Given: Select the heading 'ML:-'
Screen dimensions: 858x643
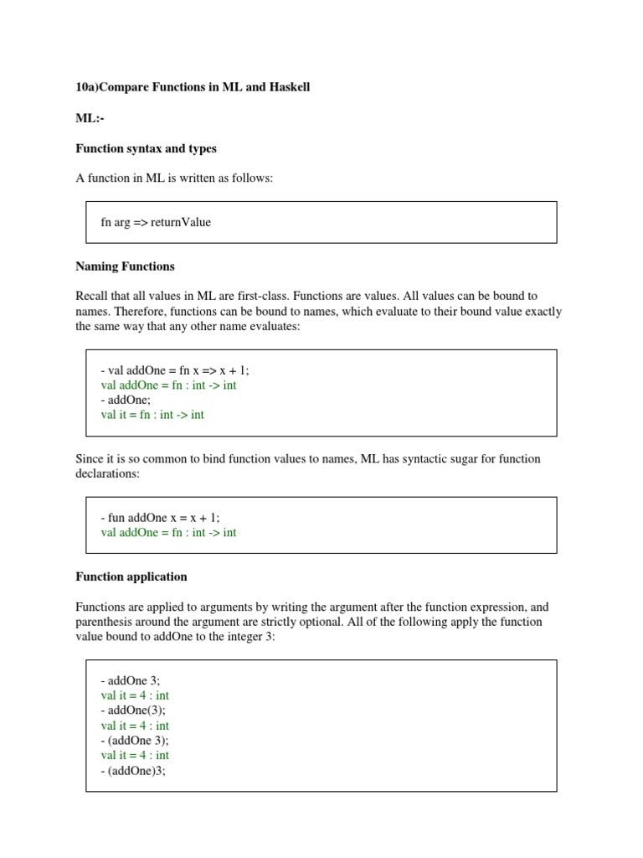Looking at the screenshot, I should pyautogui.click(x=90, y=118).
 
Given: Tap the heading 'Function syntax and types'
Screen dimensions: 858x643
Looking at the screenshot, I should pyautogui.click(x=146, y=148).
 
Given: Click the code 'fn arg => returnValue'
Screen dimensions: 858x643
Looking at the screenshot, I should pyautogui.click(x=156, y=222).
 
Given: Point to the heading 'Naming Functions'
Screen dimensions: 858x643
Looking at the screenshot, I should pyautogui.click(x=125, y=266).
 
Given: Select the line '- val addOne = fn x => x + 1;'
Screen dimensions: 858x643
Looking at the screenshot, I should pyautogui.click(x=175, y=370).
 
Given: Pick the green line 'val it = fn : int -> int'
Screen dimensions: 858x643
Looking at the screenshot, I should pyautogui.click(x=152, y=415).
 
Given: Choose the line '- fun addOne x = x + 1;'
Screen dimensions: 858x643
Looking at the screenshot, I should pyautogui.click(x=160, y=518).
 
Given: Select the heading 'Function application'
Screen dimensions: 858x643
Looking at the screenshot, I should pyautogui.click(x=131, y=576).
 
